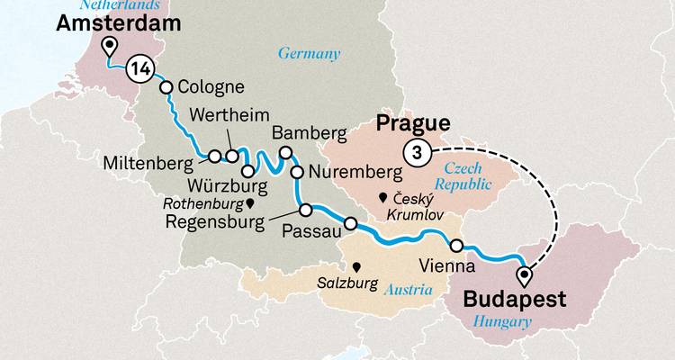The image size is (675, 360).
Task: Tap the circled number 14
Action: click(x=140, y=67)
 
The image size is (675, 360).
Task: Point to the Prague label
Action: click(x=414, y=123)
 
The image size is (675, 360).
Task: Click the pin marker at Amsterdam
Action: click(x=110, y=47)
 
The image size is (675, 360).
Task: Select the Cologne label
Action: click(x=211, y=88)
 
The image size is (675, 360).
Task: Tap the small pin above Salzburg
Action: click(x=357, y=267)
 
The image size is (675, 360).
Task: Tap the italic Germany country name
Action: click(x=309, y=54)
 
